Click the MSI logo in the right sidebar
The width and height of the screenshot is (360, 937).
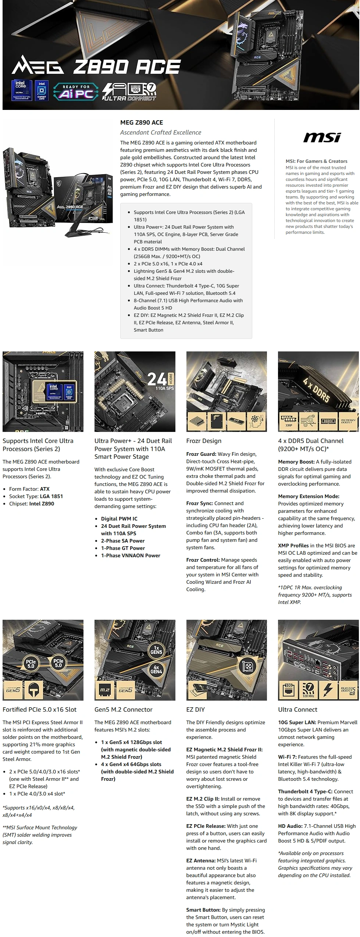(322, 137)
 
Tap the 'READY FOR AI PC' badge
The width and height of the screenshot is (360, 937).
(76, 92)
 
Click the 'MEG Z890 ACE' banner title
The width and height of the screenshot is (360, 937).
(96, 67)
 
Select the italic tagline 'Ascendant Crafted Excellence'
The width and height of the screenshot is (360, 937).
(161, 132)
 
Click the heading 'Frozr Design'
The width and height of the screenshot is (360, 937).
(204, 441)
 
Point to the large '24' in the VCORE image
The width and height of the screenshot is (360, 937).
(157, 379)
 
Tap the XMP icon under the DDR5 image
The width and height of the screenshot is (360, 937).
(289, 421)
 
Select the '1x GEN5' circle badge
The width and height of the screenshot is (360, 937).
(156, 650)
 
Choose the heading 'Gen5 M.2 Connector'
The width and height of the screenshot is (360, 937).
(123, 709)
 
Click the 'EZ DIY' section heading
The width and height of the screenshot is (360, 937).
(195, 709)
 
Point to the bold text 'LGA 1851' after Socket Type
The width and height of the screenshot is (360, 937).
(51, 496)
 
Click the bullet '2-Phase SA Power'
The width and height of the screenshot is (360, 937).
(123, 541)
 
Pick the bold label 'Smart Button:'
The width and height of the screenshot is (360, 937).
(203, 910)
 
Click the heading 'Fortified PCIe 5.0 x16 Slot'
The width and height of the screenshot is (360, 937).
(39, 709)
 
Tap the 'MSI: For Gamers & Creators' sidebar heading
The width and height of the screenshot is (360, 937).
(316, 161)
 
